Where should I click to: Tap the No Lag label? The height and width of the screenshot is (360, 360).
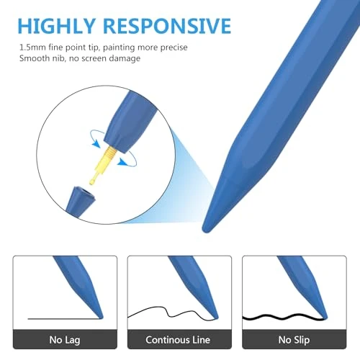pyautogui.click(x=65, y=340)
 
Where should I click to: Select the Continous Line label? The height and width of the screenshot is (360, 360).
pyautogui.click(x=179, y=340)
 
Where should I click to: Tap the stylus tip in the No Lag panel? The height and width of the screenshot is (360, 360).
pyautogui.click(x=102, y=317)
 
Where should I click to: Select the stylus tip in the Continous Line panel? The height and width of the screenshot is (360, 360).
pyautogui.click(x=215, y=318)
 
